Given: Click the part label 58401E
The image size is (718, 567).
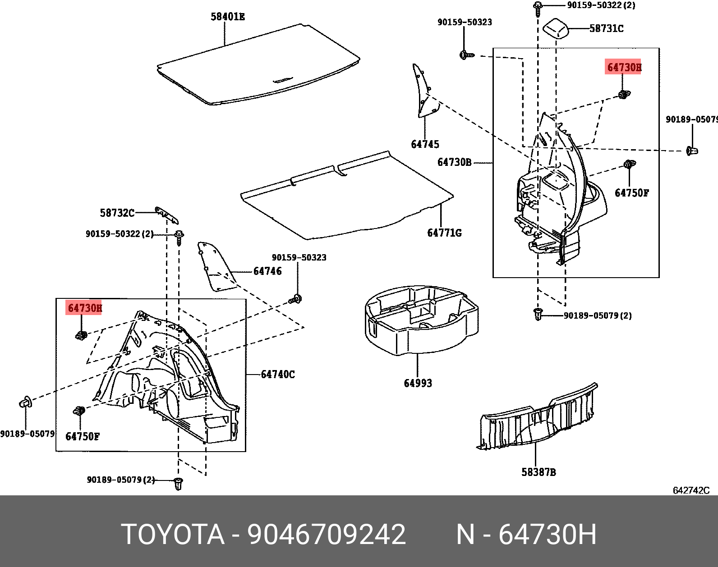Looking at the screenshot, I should (x=228, y=17).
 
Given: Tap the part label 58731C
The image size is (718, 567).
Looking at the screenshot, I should (x=607, y=28).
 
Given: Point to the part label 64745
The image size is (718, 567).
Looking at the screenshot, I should (x=425, y=144).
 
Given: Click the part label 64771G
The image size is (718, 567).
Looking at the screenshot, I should (x=444, y=233).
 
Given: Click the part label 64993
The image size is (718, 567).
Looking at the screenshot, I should (x=418, y=383).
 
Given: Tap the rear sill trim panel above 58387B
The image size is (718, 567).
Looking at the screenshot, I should (x=537, y=419).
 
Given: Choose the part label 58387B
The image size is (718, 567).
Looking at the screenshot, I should (x=538, y=472).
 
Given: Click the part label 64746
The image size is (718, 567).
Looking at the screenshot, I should (x=267, y=271).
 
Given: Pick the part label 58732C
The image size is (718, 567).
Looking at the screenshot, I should (x=117, y=213).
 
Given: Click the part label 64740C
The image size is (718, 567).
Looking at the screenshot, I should (x=278, y=374).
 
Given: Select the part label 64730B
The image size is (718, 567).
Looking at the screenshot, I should (x=454, y=162).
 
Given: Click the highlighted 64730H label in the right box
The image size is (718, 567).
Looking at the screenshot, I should (x=624, y=67).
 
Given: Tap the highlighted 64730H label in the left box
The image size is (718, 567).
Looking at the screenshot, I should (x=84, y=308).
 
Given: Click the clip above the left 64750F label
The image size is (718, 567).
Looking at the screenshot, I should (x=79, y=411).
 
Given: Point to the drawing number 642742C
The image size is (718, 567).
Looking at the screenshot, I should (x=691, y=490).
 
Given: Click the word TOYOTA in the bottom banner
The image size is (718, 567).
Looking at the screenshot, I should (x=173, y=535).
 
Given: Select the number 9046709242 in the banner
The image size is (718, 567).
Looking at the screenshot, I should (x=327, y=535).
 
